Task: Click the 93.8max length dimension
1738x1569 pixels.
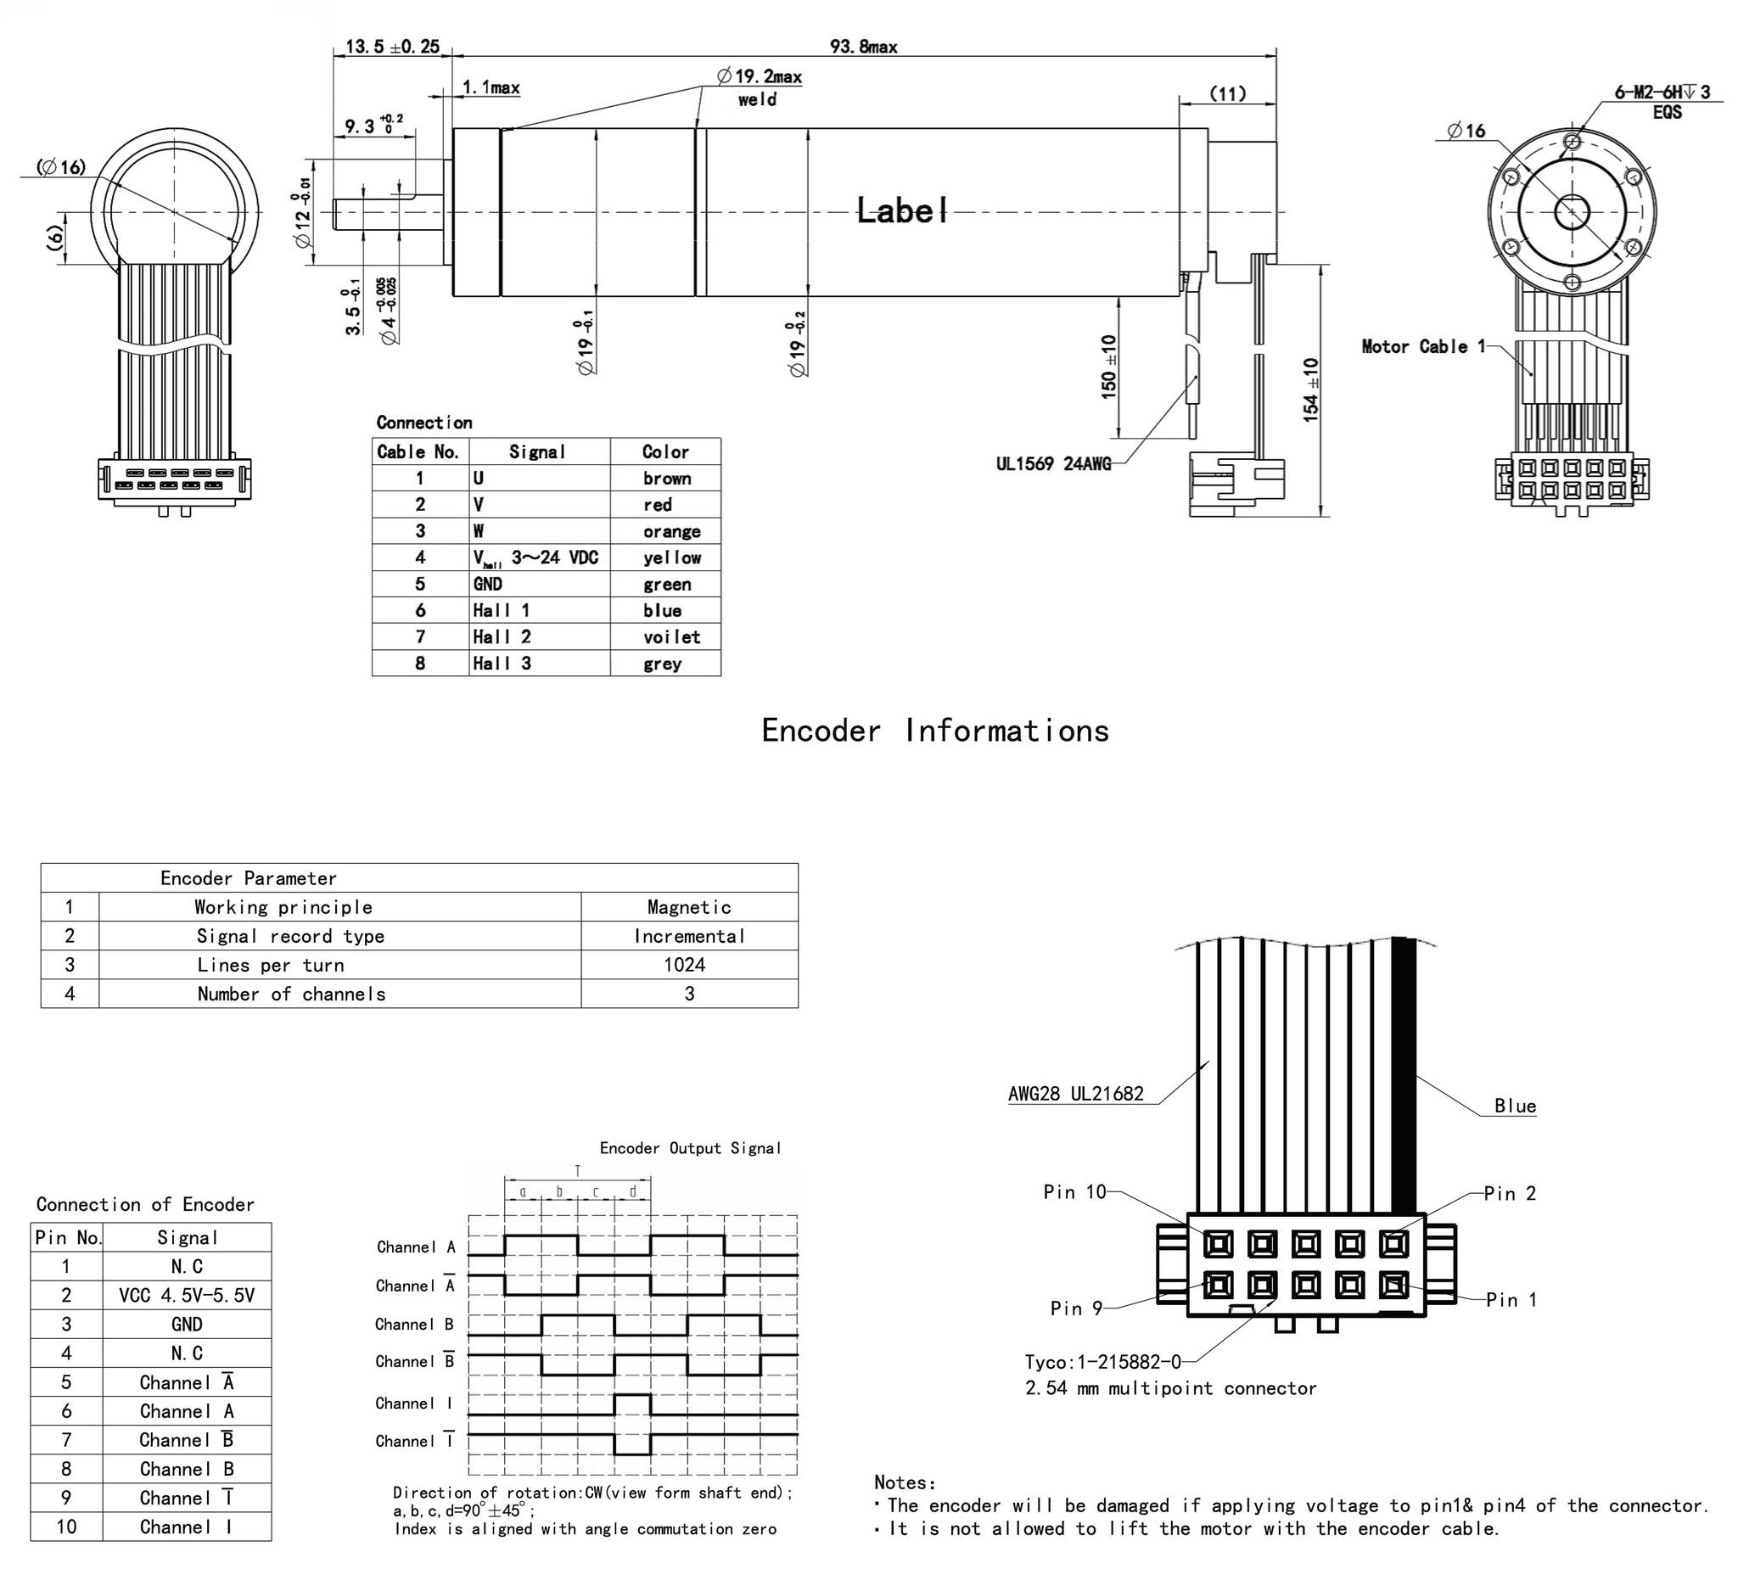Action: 863,47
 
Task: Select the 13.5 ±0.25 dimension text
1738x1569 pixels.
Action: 392,47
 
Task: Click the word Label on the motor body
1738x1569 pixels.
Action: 902,210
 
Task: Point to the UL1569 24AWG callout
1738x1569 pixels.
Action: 1053,464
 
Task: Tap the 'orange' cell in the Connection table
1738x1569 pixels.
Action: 671,531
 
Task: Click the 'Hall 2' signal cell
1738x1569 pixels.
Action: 502,637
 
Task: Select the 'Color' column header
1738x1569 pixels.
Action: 664,451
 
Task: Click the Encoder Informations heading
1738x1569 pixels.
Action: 935,731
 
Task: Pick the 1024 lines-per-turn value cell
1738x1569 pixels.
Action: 685,965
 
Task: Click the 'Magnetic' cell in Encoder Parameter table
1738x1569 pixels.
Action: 689,907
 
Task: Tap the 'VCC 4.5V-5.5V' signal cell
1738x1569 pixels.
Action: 187,1296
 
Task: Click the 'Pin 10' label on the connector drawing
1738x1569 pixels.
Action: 1074,1192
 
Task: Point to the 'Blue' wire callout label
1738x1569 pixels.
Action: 1515,1106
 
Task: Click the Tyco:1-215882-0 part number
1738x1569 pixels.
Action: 1102,1362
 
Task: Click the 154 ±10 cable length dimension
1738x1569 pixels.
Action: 1311,389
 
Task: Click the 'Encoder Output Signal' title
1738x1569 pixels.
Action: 690,1148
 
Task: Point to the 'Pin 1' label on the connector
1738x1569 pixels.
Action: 1511,1300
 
